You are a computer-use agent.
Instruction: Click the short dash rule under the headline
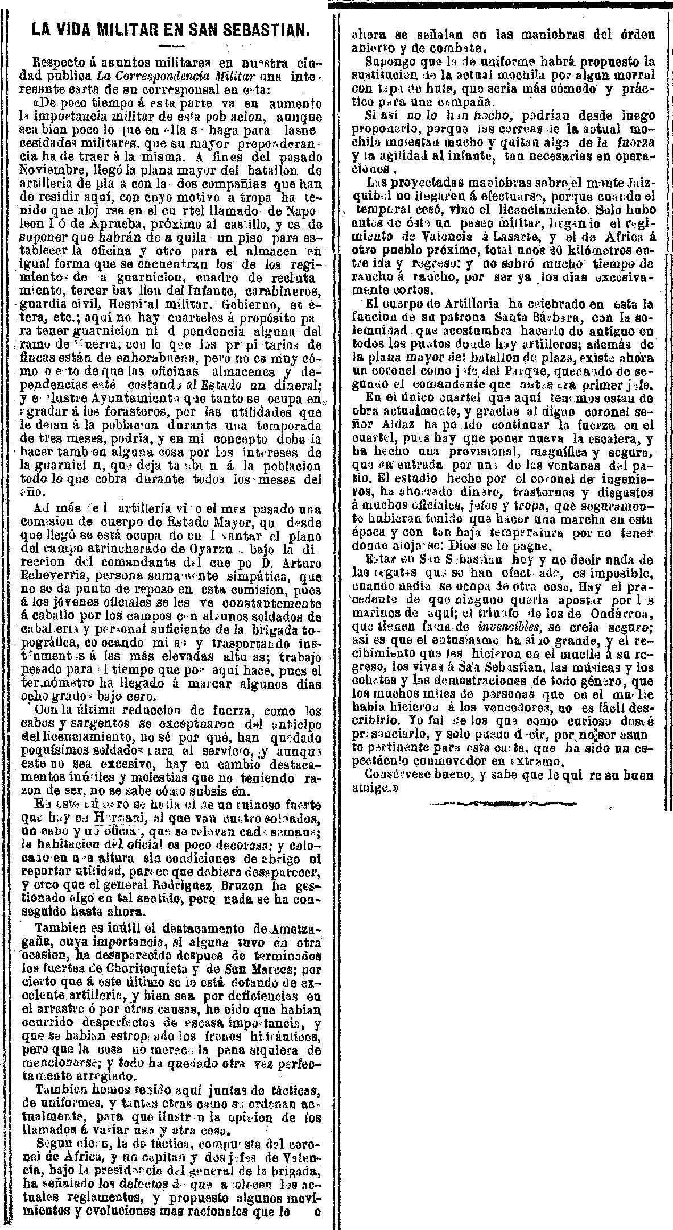click(x=170, y=45)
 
